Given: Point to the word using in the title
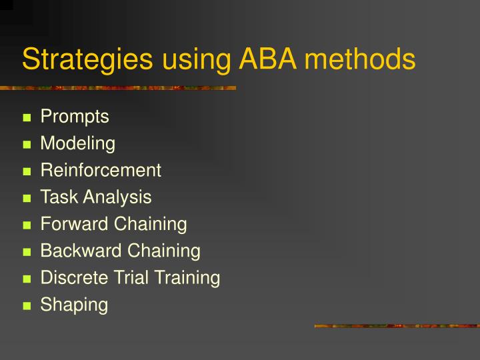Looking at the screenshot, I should tap(193, 61).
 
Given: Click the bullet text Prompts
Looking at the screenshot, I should tap(75, 117).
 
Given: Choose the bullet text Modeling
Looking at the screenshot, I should tap(77, 144).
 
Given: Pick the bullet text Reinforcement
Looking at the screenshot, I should tap(101, 170).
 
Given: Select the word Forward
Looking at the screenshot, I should tap(74, 224).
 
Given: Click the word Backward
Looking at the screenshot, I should tap(79, 251).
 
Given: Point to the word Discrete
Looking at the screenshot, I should tap(71, 277).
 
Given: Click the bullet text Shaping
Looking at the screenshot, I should tap(74, 305).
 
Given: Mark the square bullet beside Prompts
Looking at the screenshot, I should tap(27, 119).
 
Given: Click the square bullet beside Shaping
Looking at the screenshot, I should tap(27, 307).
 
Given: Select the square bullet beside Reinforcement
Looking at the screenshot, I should tap(27, 172).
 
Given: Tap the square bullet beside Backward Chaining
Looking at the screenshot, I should tap(27, 253).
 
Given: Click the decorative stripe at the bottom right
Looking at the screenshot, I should tap(397, 326).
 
